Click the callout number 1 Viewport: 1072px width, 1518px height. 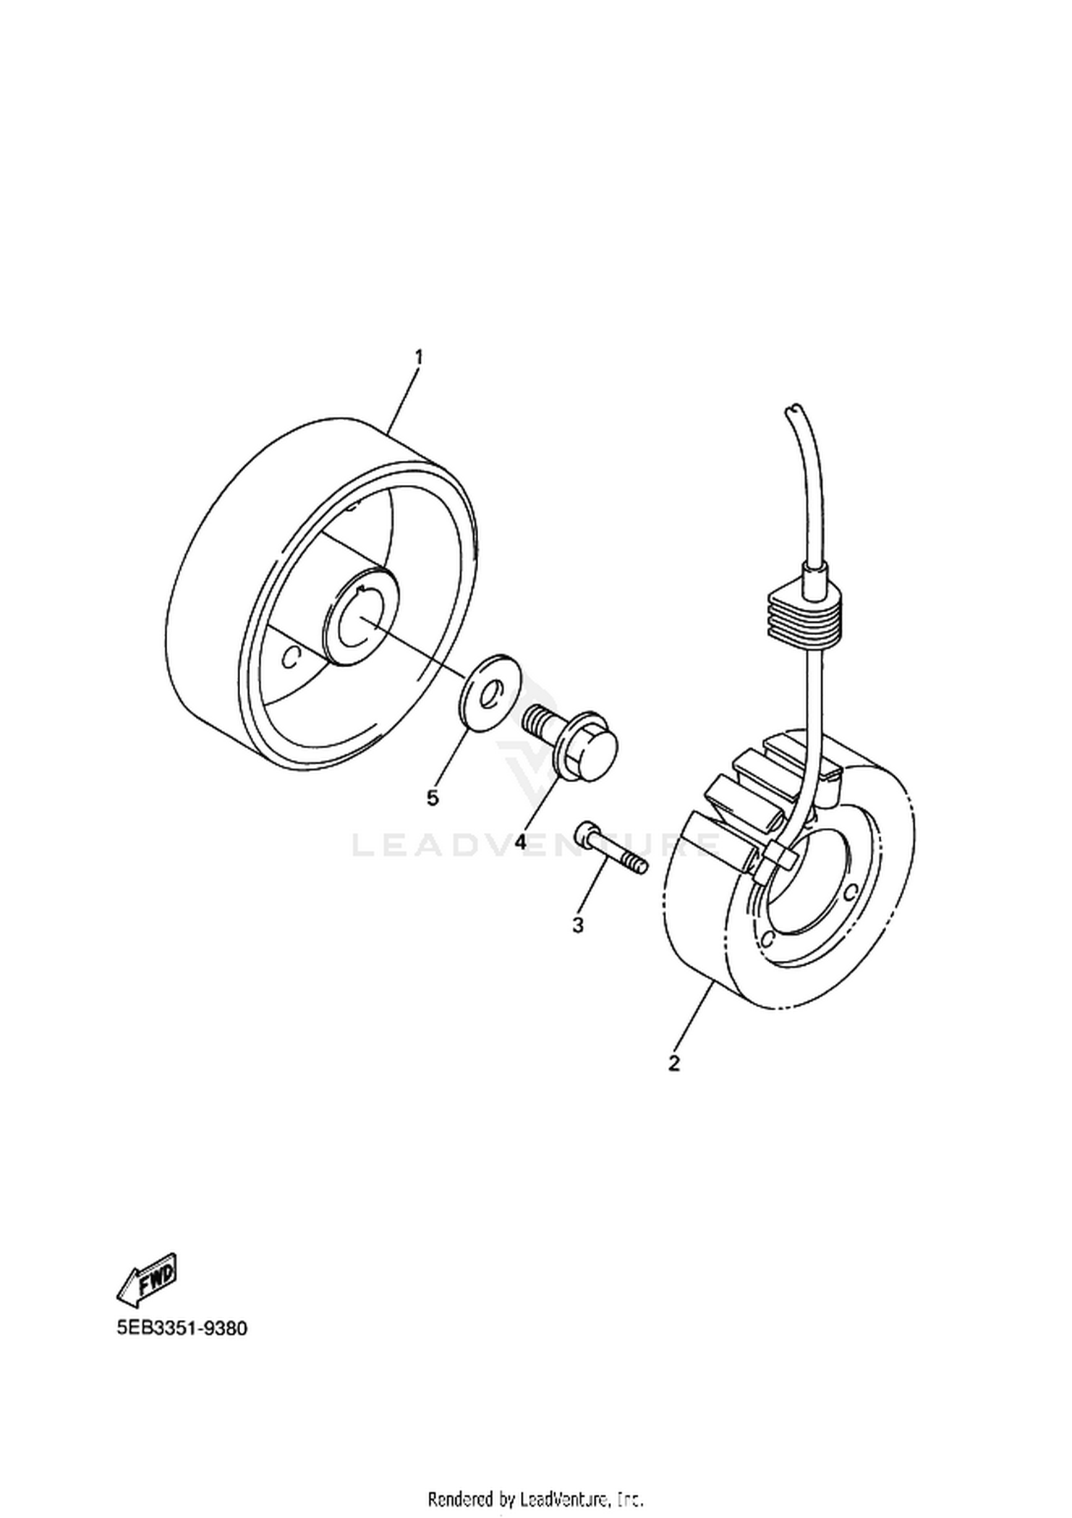pos(419,356)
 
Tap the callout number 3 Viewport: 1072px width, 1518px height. pos(578,924)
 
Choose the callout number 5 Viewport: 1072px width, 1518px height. pos(432,797)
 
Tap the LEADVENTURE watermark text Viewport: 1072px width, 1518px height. pos(536,846)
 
